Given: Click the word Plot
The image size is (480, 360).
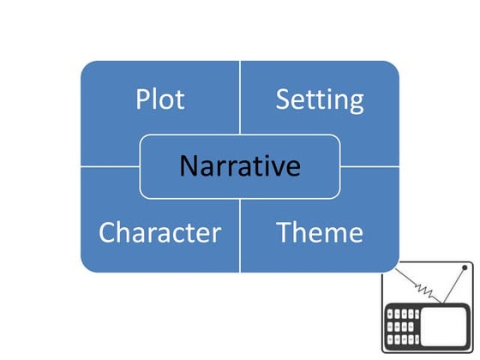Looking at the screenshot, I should point(159,99).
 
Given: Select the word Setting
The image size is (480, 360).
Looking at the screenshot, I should point(319,100).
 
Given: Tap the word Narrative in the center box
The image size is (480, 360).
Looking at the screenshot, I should point(240,165).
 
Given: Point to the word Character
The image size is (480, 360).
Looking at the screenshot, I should point(159,232).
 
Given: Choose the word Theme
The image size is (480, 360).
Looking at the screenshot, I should point(319,232).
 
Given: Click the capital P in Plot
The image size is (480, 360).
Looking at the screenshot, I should point(143,99).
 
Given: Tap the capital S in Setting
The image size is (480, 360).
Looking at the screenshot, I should point(283,99).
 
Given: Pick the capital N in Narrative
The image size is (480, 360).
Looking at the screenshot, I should point(189,165).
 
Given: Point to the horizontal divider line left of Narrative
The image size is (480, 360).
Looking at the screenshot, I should point(110,166).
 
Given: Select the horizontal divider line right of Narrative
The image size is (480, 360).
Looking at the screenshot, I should point(370,166).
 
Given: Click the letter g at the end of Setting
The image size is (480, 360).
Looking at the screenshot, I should point(355,104).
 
